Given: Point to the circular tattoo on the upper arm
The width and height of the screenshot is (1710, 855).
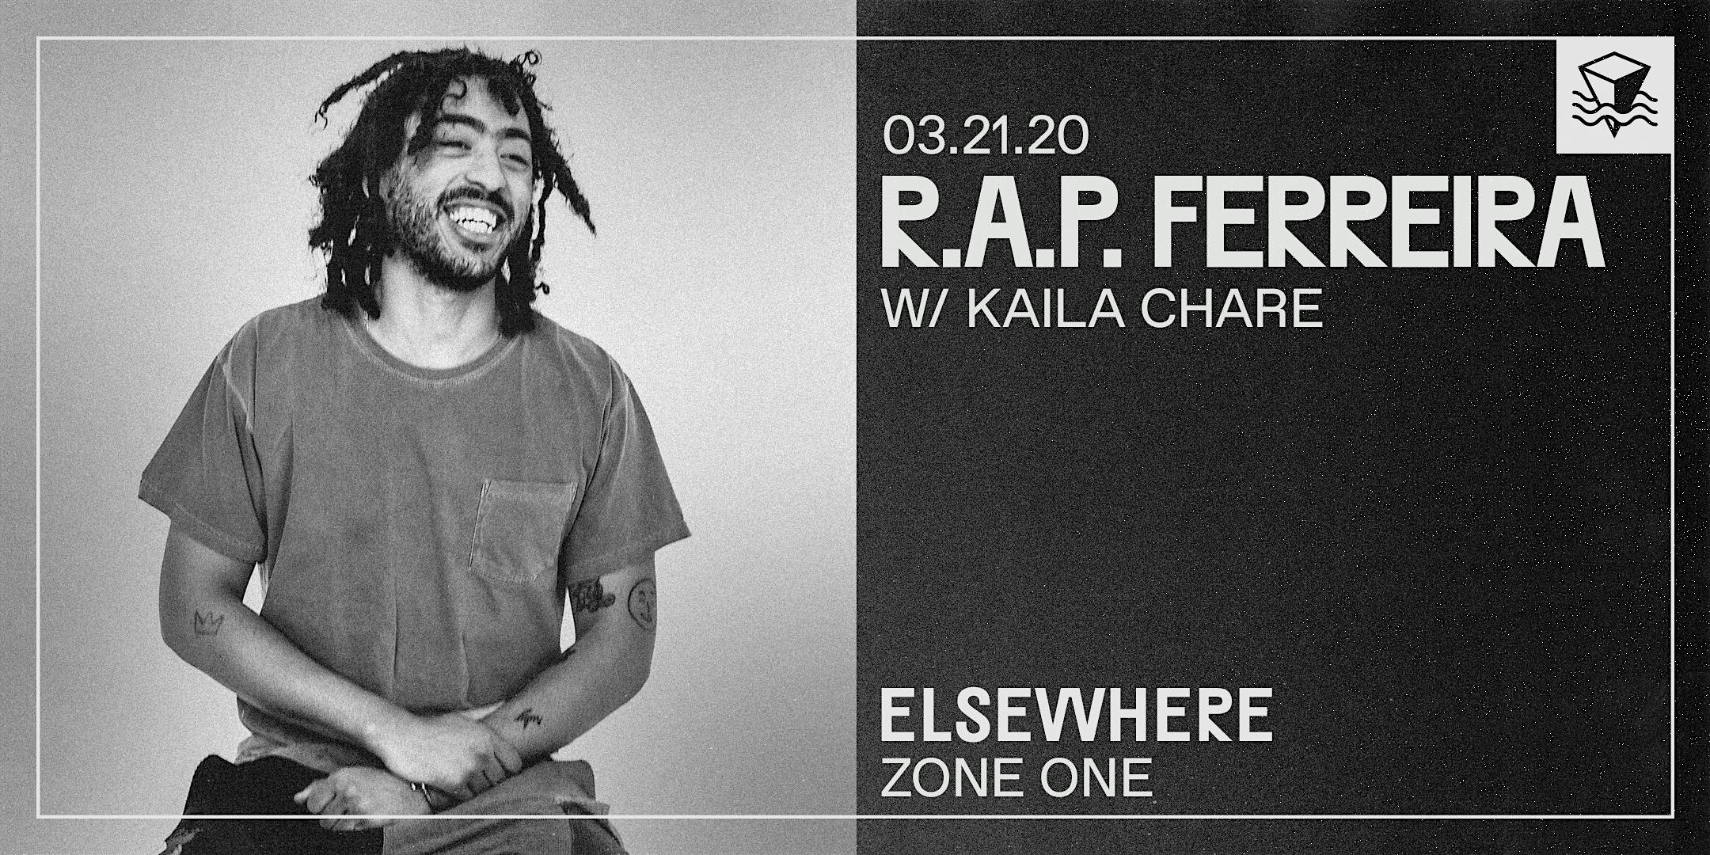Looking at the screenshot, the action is [642, 606].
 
